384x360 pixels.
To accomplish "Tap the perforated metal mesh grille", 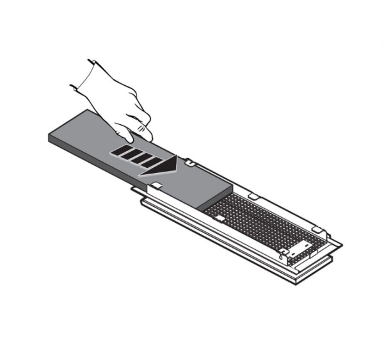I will tap(262, 221).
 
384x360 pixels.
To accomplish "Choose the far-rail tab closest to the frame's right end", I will tap(316, 228).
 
